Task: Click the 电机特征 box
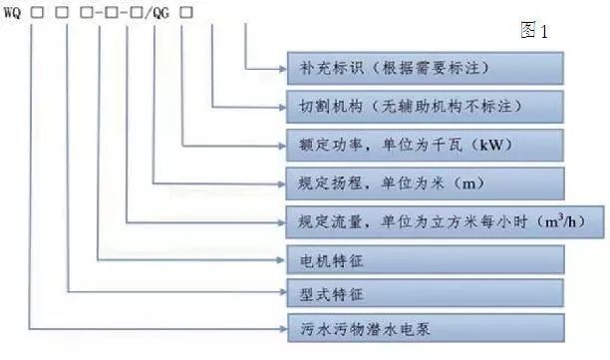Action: pos(425,258)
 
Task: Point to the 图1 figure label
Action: pos(534,30)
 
